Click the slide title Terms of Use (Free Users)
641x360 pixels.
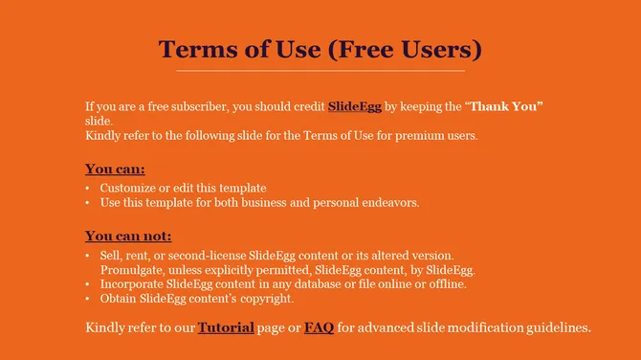click(320, 48)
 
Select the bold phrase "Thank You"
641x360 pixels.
click(504, 107)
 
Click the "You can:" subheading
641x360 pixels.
click(115, 169)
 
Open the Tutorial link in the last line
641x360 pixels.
click(226, 327)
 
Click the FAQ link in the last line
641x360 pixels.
click(319, 327)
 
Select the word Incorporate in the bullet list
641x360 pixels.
click(134, 284)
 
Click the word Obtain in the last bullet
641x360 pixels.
click(119, 299)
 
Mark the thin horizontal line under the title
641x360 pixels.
click(320, 71)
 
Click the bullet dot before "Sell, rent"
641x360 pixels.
click(88, 256)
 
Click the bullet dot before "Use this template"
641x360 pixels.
click(88, 203)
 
